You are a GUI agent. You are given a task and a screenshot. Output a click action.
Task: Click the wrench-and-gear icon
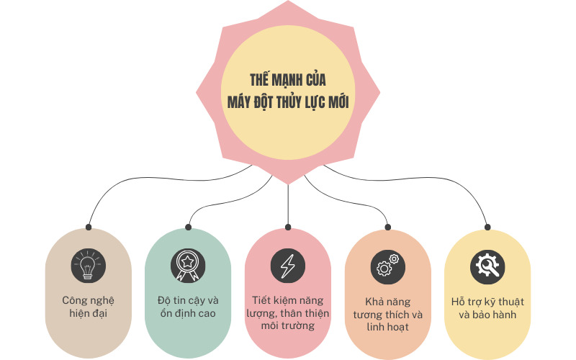click(x=487, y=266)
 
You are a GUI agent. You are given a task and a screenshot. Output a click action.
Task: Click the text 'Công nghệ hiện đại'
click(x=88, y=307)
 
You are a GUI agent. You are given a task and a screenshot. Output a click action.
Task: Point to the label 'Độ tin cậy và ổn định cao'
click(x=187, y=307)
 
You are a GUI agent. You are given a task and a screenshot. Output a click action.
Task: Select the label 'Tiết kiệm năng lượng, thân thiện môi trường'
click(x=287, y=312)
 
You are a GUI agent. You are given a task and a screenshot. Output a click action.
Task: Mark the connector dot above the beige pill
click(x=88, y=227)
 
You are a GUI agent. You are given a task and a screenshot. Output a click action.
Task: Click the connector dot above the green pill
click(x=188, y=227)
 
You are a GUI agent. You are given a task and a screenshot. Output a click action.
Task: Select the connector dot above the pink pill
click(x=287, y=227)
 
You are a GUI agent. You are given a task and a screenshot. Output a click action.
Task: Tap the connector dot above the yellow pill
click(x=487, y=227)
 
